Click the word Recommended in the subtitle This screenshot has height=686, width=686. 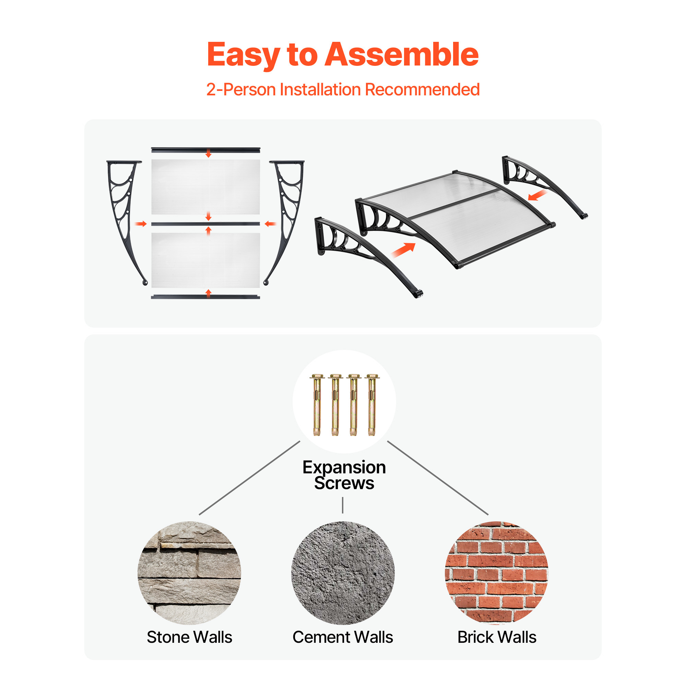click(x=423, y=90)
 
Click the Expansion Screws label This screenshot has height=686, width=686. click(x=344, y=475)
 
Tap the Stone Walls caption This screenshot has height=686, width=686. click(x=190, y=637)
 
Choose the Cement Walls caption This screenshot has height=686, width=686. click(x=343, y=637)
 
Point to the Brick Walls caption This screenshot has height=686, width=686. click(x=497, y=637)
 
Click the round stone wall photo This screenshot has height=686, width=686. click(x=189, y=573)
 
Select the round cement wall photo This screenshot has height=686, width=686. click(x=343, y=573)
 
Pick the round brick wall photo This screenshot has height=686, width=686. click(x=497, y=573)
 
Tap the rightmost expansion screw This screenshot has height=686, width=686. click(x=372, y=404)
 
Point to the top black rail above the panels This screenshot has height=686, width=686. click(x=205, y=150)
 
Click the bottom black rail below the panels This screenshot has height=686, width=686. click(x=205, y=297)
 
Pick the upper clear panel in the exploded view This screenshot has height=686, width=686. click(x=205, y=187)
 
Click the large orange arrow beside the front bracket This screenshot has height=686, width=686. click(x=403, y=250)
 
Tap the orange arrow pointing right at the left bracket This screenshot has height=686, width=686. click(x=141, y=224)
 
